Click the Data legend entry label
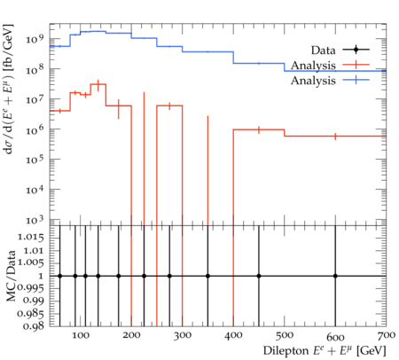click(323, 51)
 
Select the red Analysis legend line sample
click(356, 65)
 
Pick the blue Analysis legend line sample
click(356, 80)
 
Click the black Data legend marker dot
click(356, 50)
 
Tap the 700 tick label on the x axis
click(387, 335)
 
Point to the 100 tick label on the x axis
click(81, 335)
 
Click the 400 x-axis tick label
click(233, 335)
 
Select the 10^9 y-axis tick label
click(35, 38)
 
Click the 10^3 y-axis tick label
click(35, 219)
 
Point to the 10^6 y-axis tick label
click(35, 129)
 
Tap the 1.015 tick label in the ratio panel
click(31, 238)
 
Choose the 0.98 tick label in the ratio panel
click(34, 325)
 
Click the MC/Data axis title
click(11, 276)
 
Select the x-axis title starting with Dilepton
click(325, 350)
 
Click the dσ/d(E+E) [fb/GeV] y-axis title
click(9, 89)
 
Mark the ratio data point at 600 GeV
click(335, 276)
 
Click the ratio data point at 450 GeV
click(259, 276)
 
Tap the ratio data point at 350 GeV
click(207, 276)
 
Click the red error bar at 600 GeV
click(335, 137)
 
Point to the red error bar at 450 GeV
click(259, 129)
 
